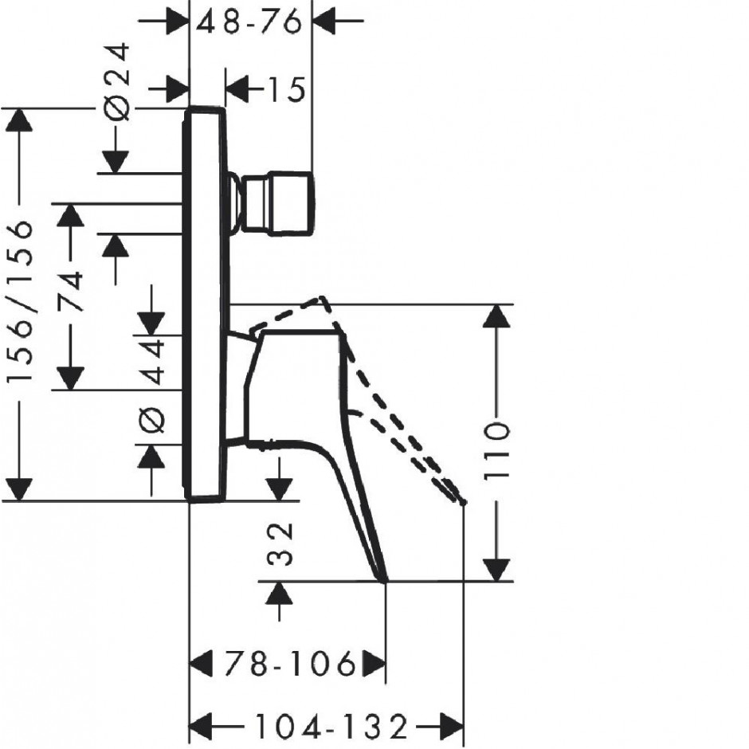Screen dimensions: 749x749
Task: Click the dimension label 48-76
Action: (249, 22)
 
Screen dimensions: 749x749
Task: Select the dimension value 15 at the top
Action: (286, 89)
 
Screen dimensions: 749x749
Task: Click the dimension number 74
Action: (71, 292)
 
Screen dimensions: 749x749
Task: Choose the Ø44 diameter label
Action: (152, 385)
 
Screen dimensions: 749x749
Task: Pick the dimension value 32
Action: (280, 544)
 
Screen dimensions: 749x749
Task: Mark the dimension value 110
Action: (496, 450)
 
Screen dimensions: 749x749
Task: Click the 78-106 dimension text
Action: (290, 663)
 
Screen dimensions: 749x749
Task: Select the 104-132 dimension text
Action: (331, 727)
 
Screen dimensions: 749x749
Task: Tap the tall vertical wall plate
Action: (205, 304)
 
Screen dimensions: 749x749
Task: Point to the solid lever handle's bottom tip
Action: (385, 581)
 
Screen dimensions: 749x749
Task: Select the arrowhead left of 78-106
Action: (201, 663)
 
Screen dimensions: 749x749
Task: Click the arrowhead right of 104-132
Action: (452, 727)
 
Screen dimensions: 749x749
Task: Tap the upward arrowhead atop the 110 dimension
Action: (496, 316)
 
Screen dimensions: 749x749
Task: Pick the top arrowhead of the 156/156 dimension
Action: (18, 120)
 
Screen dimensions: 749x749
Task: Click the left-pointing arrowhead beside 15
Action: (237, 89)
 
